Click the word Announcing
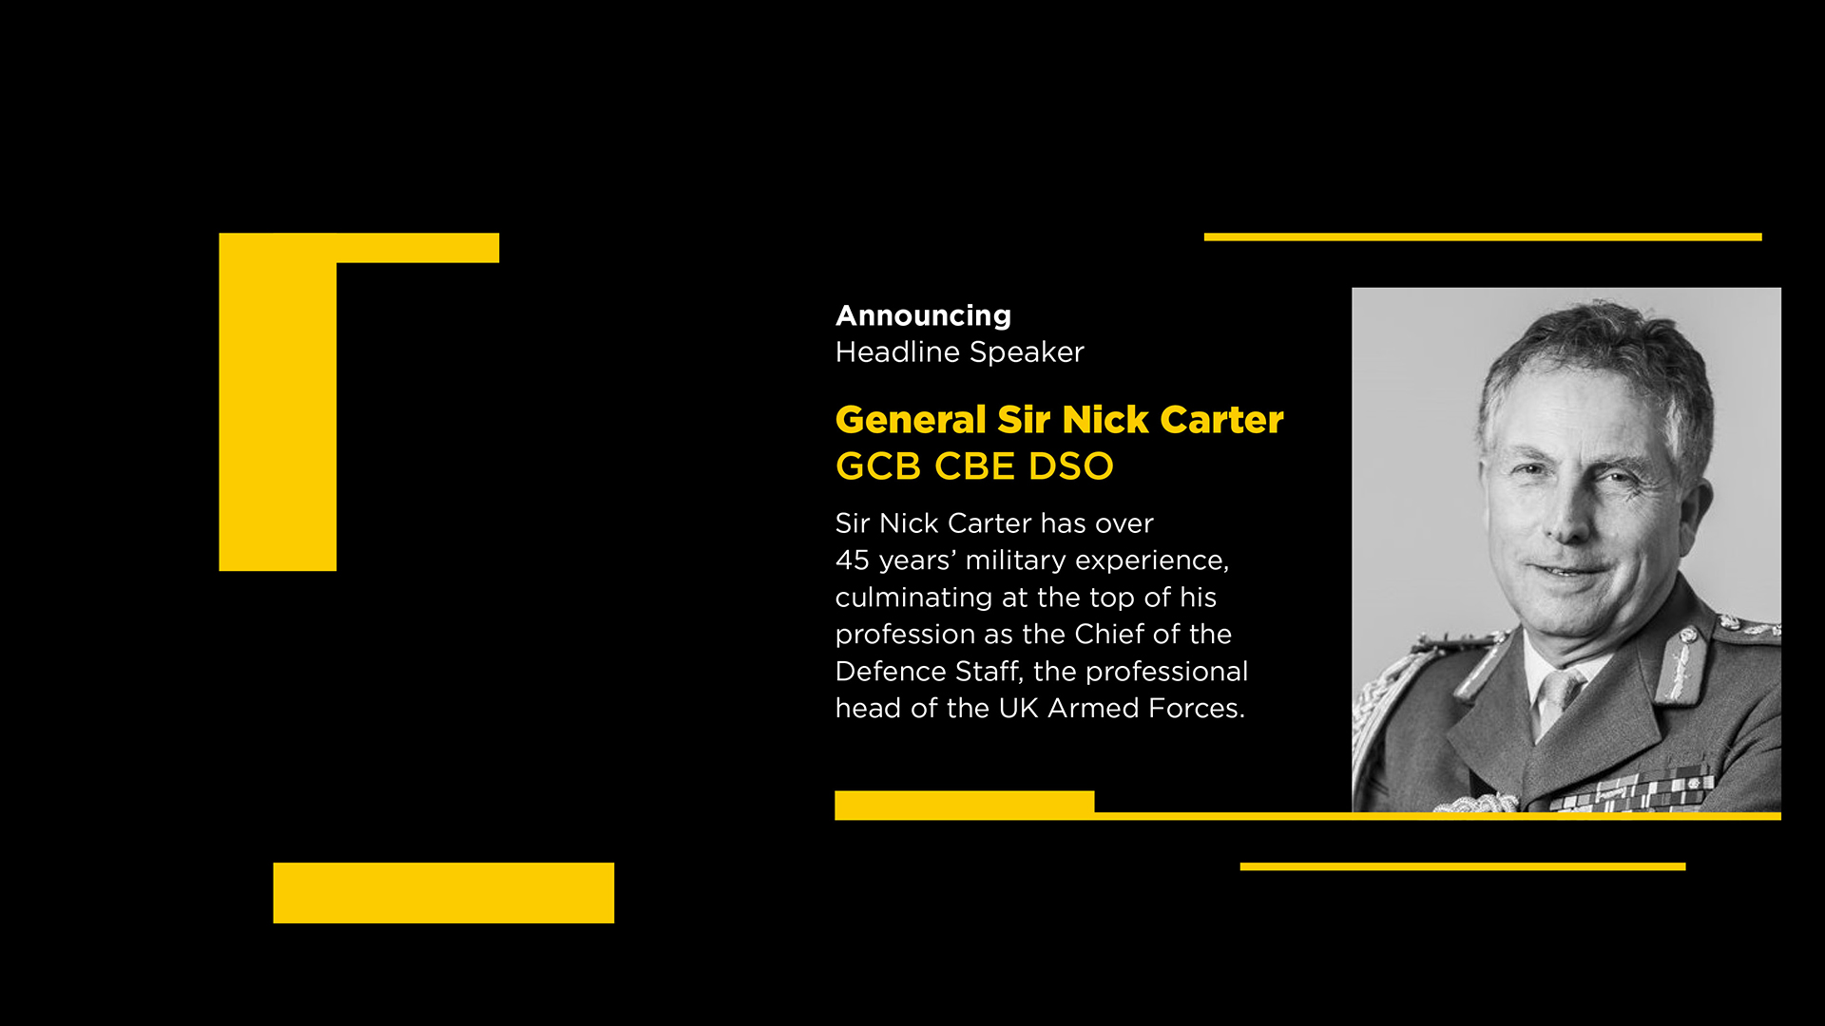(x=923, y=316)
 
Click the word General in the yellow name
(x=911, y=420)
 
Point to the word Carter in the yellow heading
(x=1221, y=420)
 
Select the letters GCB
(x=878, y=466)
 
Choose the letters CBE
(x=974, y=466)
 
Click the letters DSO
(x=1070, y=466)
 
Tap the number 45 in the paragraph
(x=852, y=560)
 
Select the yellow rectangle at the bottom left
(x=444, y=893)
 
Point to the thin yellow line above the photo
(x=1483, y=237)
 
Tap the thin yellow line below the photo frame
(x=1463, y=866)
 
